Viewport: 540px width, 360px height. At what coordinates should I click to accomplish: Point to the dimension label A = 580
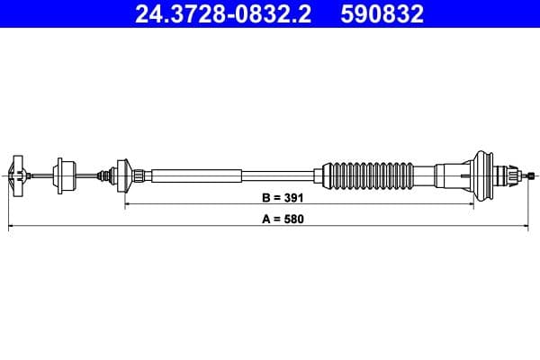pyautogui.click(x=279, y=219)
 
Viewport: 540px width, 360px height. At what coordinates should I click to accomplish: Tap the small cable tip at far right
pyautogui.click(x=534, y=174)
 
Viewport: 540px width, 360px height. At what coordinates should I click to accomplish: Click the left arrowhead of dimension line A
pyautogui.click(x=11, y=228)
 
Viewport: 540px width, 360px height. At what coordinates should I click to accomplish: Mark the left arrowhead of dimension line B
pyautogui.click(x=126, y=204)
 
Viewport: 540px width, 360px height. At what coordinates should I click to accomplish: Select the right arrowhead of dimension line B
pyautogui.click(x=469, y=204)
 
